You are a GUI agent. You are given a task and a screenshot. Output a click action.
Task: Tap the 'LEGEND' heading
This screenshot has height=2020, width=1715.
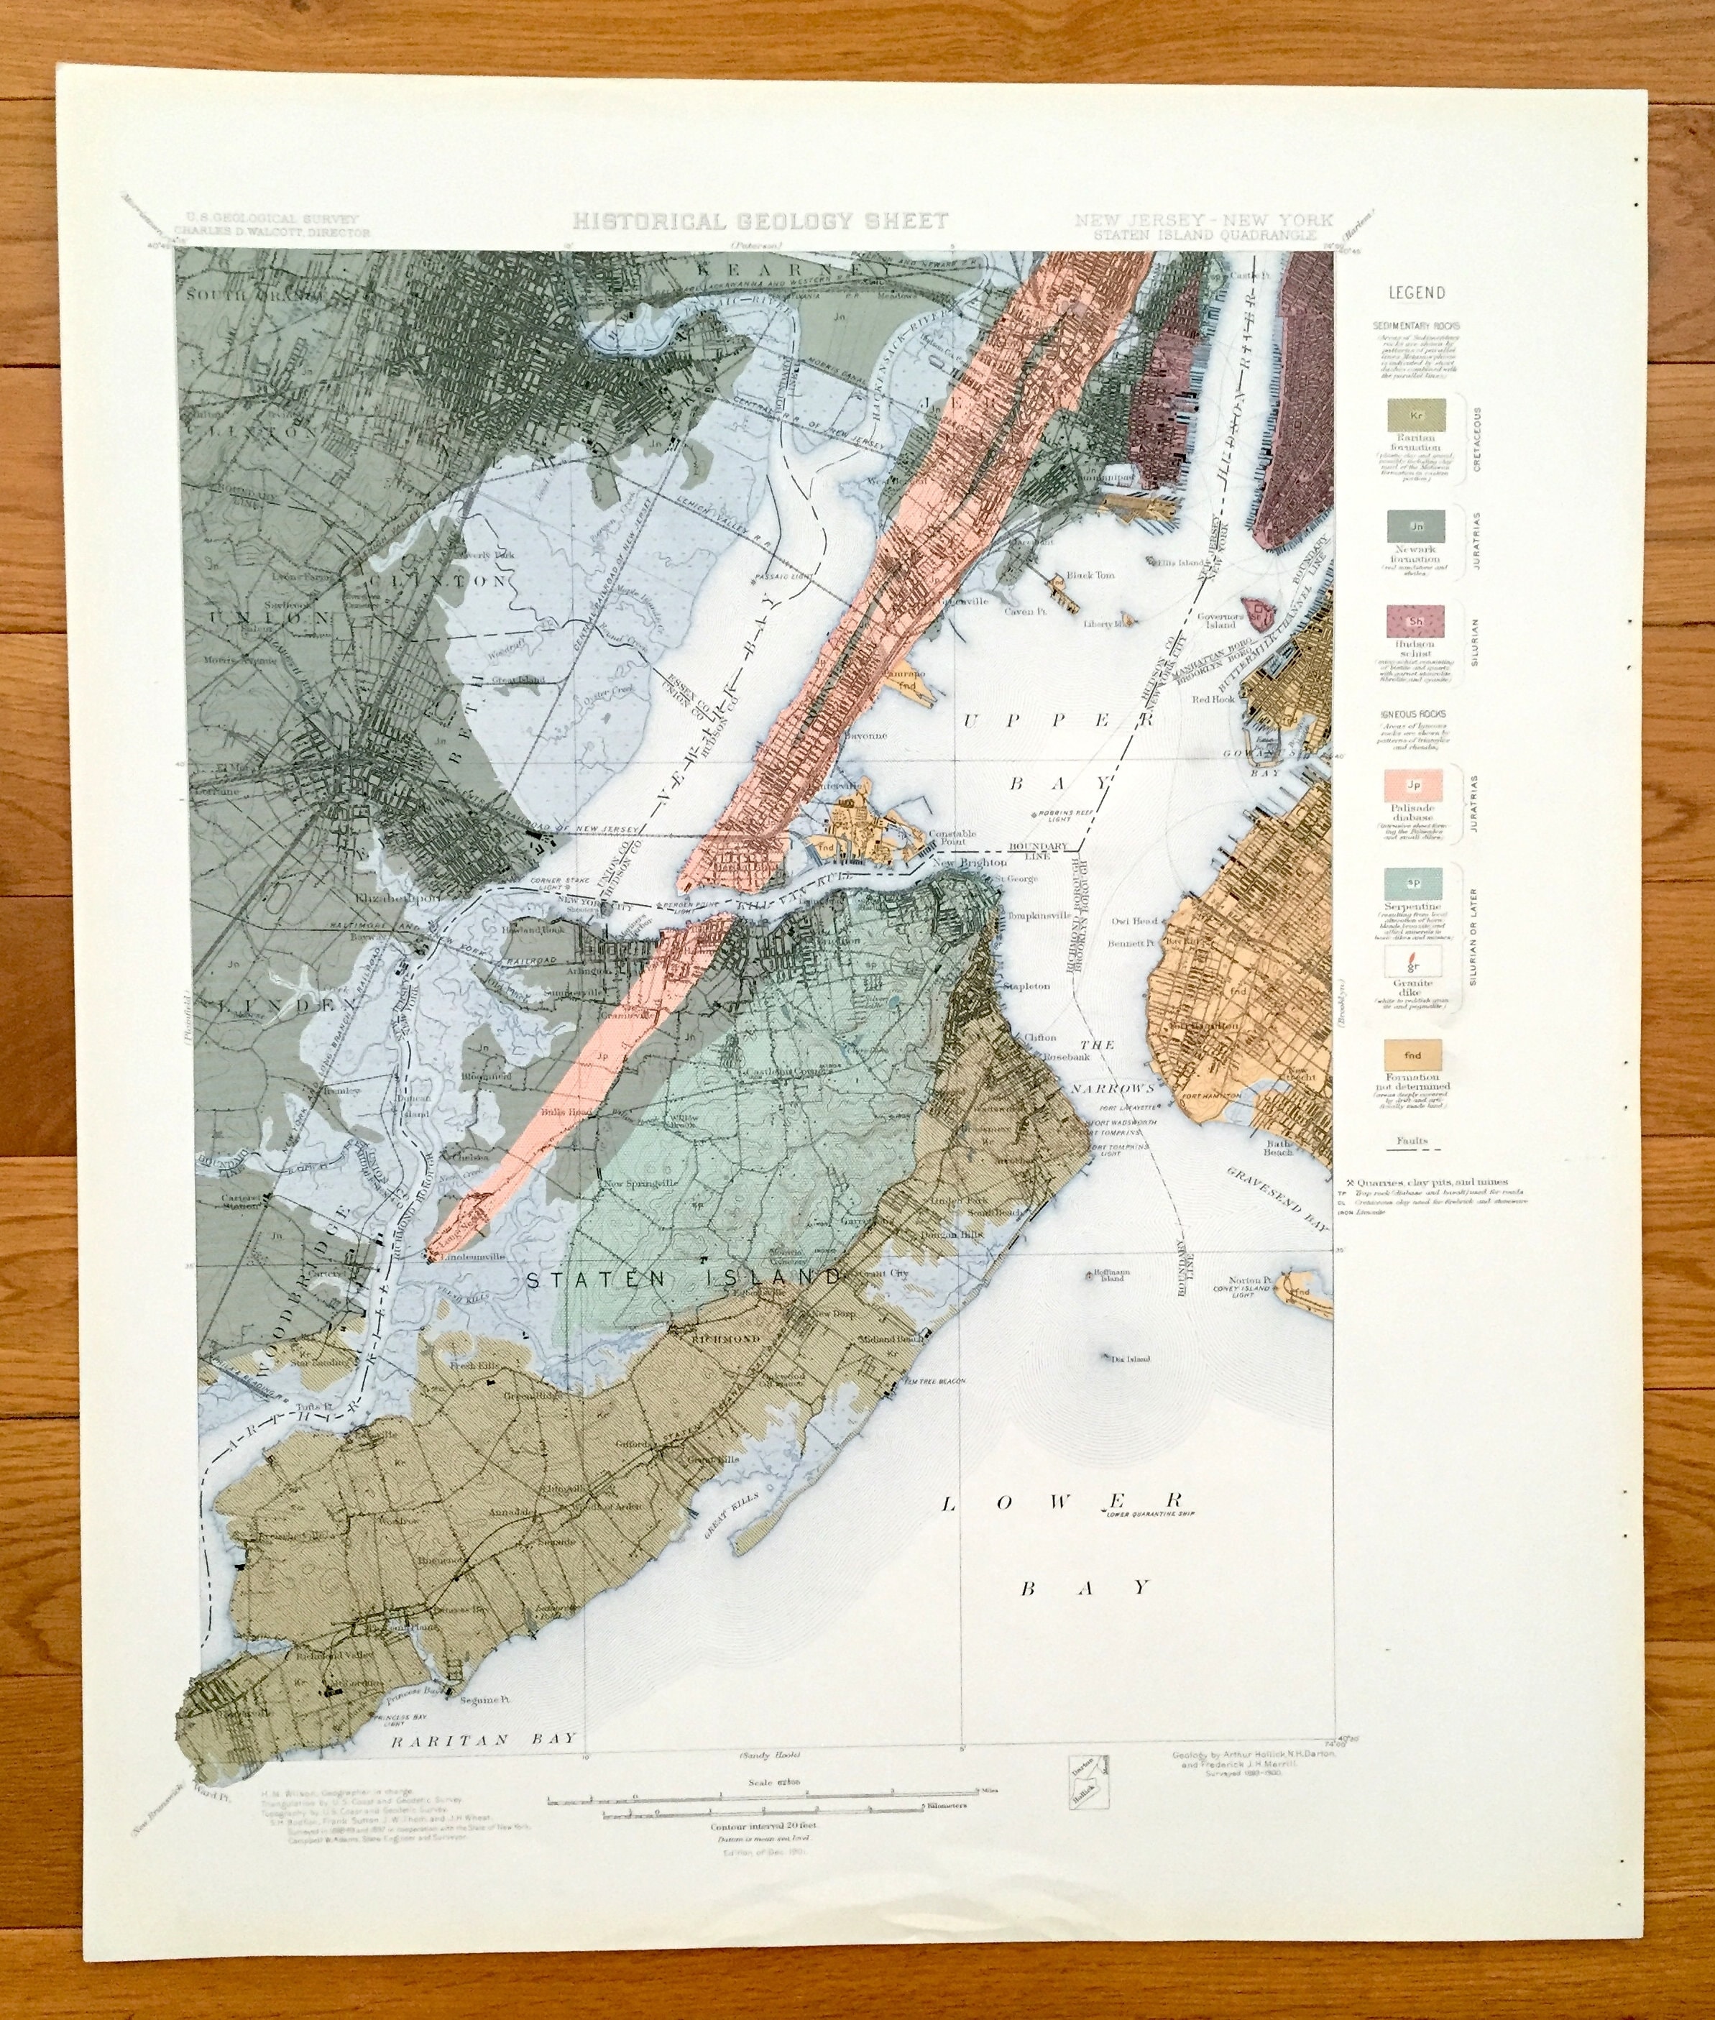(x=1415, y=293)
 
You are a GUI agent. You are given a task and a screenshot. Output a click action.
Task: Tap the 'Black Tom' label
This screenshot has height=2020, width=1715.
(x=1091, y=576)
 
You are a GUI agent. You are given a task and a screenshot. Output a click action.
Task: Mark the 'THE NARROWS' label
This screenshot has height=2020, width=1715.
(x=1114, y=1065)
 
